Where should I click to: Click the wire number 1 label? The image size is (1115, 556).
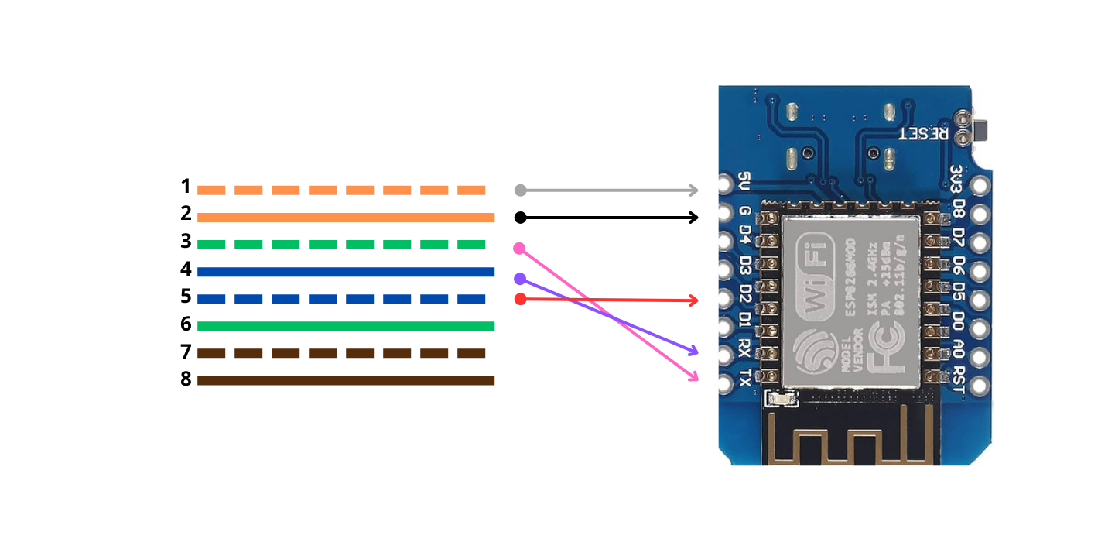186,187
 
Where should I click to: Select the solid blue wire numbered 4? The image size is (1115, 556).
345,272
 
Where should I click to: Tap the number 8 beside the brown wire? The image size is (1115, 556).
186,379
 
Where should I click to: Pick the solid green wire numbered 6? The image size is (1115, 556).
345,326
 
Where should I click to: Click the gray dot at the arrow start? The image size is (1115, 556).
520,190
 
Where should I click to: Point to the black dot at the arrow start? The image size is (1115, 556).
520,218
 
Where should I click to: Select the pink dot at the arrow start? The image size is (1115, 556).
519,249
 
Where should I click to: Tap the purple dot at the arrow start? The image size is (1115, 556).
519,279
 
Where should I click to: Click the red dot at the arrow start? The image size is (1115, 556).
520,299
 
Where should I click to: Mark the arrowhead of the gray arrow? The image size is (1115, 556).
694,190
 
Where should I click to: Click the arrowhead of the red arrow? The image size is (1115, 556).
694,300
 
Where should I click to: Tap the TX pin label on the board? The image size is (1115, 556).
744,379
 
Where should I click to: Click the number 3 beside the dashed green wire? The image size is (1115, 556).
186,242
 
